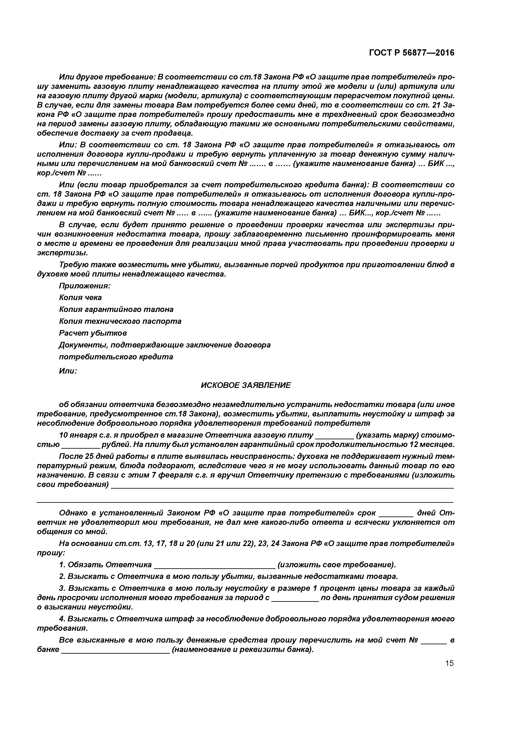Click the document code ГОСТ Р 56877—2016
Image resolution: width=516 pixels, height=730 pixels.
[412, 53]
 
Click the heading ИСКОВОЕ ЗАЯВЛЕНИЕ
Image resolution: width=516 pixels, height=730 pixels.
[246, 385]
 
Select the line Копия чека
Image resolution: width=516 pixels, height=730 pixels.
[81, 298]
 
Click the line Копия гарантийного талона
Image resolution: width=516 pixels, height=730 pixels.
[116, 309]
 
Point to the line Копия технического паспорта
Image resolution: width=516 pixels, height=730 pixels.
[120, 321]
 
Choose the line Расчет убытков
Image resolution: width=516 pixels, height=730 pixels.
[93, 333]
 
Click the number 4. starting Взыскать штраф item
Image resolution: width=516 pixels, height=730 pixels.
[62, 619]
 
